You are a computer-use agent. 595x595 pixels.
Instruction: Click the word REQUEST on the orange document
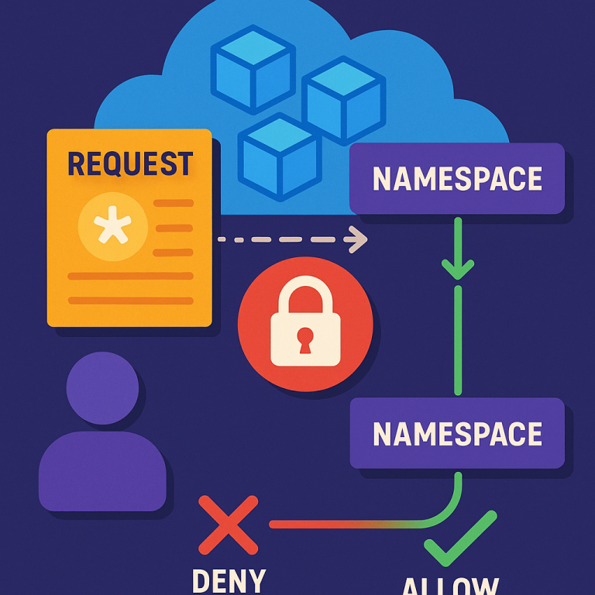[129, 163]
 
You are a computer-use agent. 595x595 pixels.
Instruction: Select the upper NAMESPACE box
[457, 179]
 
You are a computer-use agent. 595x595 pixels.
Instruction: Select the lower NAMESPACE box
[457, 433]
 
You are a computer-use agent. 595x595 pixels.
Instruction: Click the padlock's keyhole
[305, 339]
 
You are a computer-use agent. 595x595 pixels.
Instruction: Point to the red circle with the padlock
[305, 323]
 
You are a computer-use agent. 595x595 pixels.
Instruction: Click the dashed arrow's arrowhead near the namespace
[357, 239]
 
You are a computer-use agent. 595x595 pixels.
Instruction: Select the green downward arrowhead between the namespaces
[457, 267]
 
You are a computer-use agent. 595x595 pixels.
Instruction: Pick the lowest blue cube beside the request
[280, 158]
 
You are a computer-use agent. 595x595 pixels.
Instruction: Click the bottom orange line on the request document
[129, 300]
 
